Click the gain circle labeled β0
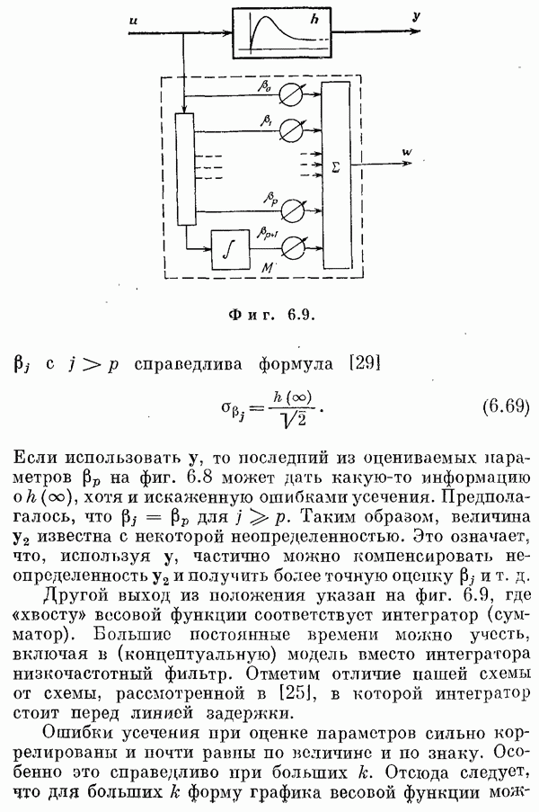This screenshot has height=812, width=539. pyautogui.click(x=290, y=94)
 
